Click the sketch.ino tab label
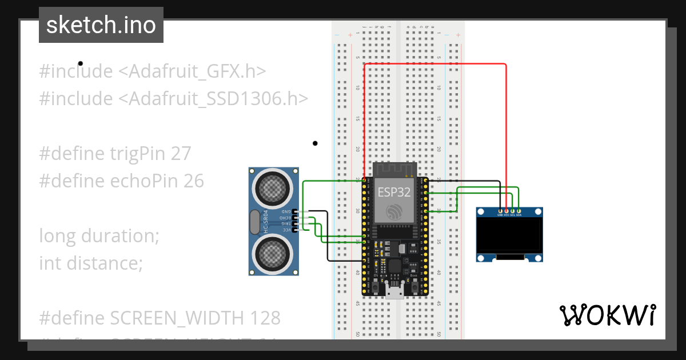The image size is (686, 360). (101, 25)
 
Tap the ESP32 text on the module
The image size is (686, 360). (393, 192)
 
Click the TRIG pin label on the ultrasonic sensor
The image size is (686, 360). (284, 223)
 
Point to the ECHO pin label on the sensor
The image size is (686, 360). (284, 218)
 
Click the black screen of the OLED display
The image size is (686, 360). (509, 237)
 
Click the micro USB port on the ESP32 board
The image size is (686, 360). (394, 293)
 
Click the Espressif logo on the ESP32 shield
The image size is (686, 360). (394, 212)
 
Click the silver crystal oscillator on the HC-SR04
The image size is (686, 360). (254, 221)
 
